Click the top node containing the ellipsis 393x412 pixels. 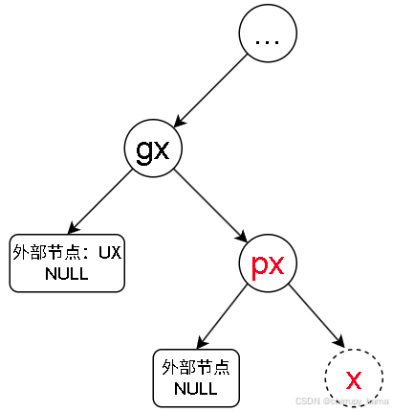(x=268, y=39)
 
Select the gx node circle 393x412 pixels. (x=153, y=150)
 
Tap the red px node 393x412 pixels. (x=268, y=264)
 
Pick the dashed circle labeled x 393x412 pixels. (x=354, y=377)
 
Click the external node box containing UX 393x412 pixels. (x=67, y=263)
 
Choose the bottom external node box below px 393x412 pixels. (x=196, y=378)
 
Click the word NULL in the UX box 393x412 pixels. (x=67, y=274)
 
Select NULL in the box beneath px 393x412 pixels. (x=196, y=389)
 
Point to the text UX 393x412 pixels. (x=111, y=253)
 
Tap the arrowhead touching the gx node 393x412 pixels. (x=179, y=125)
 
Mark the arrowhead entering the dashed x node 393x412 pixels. (x=337, y=346)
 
